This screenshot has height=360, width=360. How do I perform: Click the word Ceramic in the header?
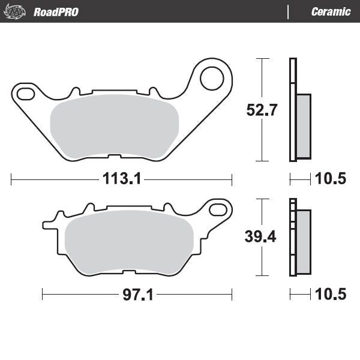pyautogui.click(x=331, y=11)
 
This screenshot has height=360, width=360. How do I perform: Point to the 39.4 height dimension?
pyautogui.click(x=260, y=236)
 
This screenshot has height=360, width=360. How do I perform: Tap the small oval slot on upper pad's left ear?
pyautogui.click(x=25, y=94)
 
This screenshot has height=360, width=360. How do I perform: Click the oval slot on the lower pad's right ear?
pyautogui.click(x=220, y=209)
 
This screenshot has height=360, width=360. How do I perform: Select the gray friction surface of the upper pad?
pyautogui.click(x=114, y=126)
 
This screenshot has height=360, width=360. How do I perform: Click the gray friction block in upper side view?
pyautogui.click(x=304, y=126)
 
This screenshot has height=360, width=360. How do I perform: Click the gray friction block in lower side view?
pyautogui.click(x=304, y=242)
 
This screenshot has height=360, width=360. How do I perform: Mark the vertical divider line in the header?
pyautogui.click(x=288, y=11)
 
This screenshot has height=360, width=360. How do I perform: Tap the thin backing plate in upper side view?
pyautogui.click(x=293, y=110)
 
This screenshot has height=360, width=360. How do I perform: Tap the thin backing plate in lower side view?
pyautogui.click(x=293, y=236)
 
